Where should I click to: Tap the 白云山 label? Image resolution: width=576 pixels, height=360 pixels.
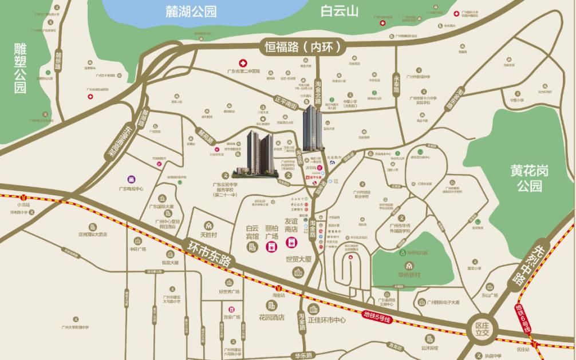pos(339,11)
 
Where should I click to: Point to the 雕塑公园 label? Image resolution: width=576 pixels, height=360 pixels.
pos(21,68)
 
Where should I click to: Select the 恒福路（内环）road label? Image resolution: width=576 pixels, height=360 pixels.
pos(303,46)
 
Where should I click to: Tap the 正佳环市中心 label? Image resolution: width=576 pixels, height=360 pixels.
pos(327,321)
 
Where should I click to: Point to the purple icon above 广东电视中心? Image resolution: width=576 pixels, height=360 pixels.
pos(131,179)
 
